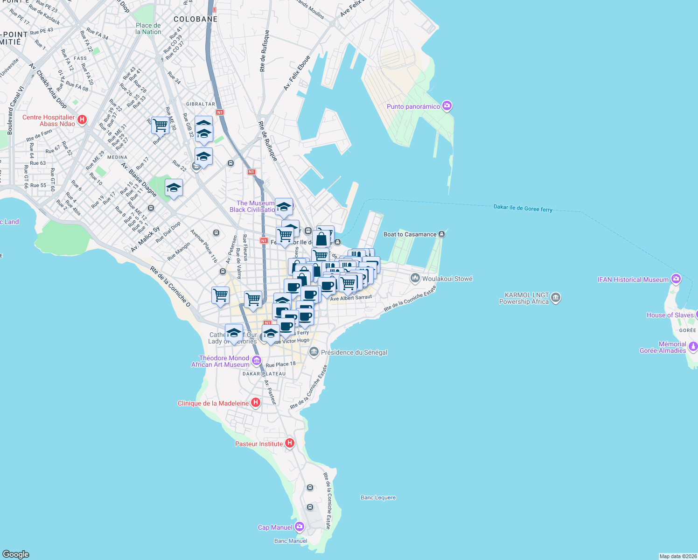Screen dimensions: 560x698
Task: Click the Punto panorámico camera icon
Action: coord(447,106)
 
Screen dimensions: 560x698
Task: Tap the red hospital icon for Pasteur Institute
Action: coord(290,443)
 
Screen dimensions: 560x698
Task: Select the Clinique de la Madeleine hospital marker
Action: coord(255,403)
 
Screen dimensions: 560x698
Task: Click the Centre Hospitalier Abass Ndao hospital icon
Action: coord(82,120)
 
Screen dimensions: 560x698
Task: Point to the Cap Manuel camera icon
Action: coord(300,527)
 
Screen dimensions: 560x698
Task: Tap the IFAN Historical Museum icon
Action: coord(676,279)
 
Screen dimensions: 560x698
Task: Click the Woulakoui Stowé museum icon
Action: coord(415,279)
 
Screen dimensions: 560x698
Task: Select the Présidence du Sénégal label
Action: coord(354,352)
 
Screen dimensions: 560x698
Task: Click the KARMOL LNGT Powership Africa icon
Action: coord(555,298)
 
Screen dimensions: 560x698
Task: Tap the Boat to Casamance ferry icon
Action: coord(441,234)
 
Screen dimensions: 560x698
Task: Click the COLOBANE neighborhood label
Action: coord(195,19)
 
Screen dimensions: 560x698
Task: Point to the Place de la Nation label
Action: coord(148,29)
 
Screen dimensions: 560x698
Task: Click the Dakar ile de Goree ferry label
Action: coord(523,208)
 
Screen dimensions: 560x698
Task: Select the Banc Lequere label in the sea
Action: coord(378,497)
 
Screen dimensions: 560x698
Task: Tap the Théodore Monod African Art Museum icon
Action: coord(256,360)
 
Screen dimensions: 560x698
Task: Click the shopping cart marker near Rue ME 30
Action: coord(160,125)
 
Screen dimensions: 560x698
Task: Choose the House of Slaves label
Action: coord(670,315)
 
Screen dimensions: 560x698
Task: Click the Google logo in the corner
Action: coord(16,554)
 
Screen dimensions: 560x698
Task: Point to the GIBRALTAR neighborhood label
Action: coord(201,104)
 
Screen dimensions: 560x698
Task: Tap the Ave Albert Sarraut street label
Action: coord(351,298)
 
